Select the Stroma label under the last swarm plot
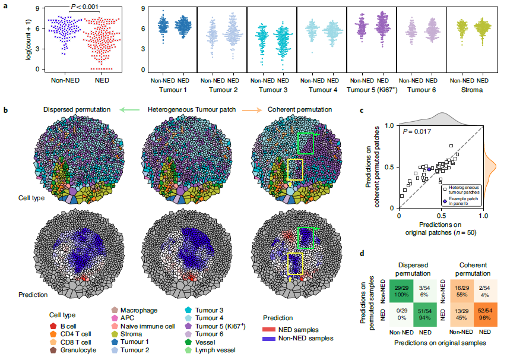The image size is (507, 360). click(x=471, y=89)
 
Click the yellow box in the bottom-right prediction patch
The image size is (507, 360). click(x=294, y=263)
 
